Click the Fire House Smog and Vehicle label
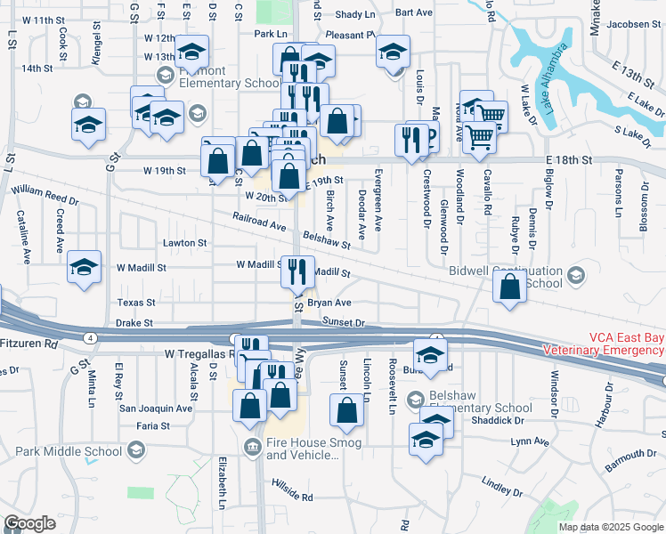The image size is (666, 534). [x=303, y=449]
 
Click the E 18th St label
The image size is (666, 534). [x=570, y=159]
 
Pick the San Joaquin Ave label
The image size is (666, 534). [x=157, y=409]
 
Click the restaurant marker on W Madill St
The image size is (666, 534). [x=297, y=271]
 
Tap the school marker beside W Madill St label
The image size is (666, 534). [x=84, y=267]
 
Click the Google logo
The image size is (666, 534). [x=29, y=523]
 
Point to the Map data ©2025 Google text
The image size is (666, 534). [x=611, y=527]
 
